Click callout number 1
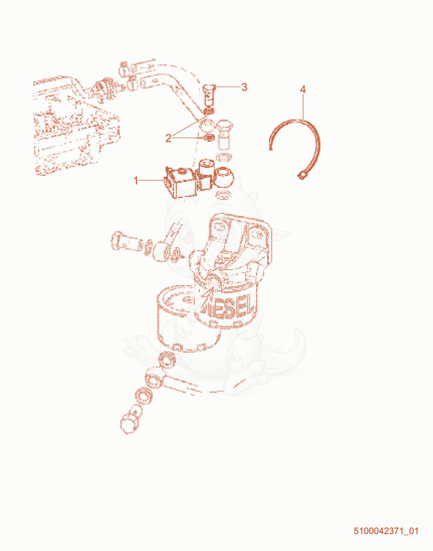click(x=136, y=181)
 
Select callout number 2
click(x=168, y=138)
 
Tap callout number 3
click(x=244, y=87)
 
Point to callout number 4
click(x=303, y=90)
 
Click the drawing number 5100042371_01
click(x=386, y=530)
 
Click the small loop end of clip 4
click(x=302, y=175)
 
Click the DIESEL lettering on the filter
click(x=228, y=307)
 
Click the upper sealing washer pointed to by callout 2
click(x=209, y=111)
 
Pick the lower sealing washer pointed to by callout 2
click(x=208, y=137)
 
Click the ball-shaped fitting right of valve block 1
click(x=224, y=177)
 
